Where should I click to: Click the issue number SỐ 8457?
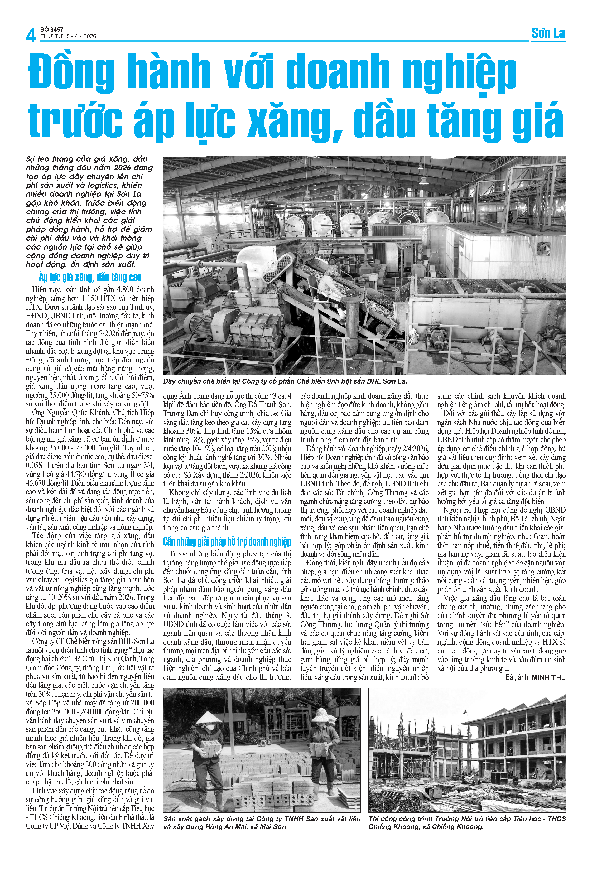pyautogui.click(x=52, y=29)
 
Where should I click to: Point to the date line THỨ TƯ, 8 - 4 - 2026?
pyautogui.click(x=68, y=36)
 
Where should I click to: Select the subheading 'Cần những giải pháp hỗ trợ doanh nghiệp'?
pyautogui.click(x=227, y=541)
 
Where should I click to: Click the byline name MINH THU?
pyautogui.click(x=548, y=677)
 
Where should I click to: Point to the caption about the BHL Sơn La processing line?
pyautogui.click(x=285, y=381)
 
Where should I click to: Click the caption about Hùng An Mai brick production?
pyautogui.click(x=262, y=822)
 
